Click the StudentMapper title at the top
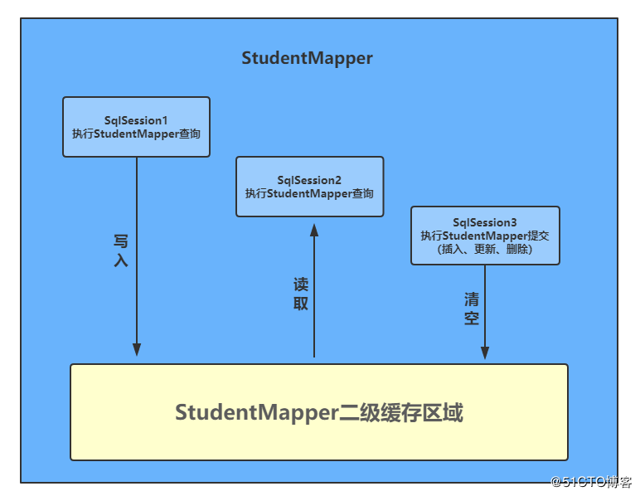[307, 58]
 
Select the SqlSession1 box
[136, 127]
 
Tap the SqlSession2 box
[310, 187]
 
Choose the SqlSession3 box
[485, 236]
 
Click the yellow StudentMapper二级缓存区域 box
[319, 412]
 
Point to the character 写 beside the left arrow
[121, 241]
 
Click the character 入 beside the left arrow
[121, 260]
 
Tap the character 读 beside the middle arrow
[301, 284]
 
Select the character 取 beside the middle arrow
[301, 304]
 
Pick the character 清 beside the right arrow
[472, 299]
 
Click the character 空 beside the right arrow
[472, 318]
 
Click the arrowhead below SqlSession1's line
[137, 349]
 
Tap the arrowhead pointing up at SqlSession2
[314, 231]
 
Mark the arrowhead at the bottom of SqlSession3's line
[485, 353]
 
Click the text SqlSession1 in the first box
[136, 120]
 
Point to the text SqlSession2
[309, 180]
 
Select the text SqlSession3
[485, 222]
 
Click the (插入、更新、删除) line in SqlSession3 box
[485, 249]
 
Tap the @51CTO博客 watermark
[591, 483]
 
